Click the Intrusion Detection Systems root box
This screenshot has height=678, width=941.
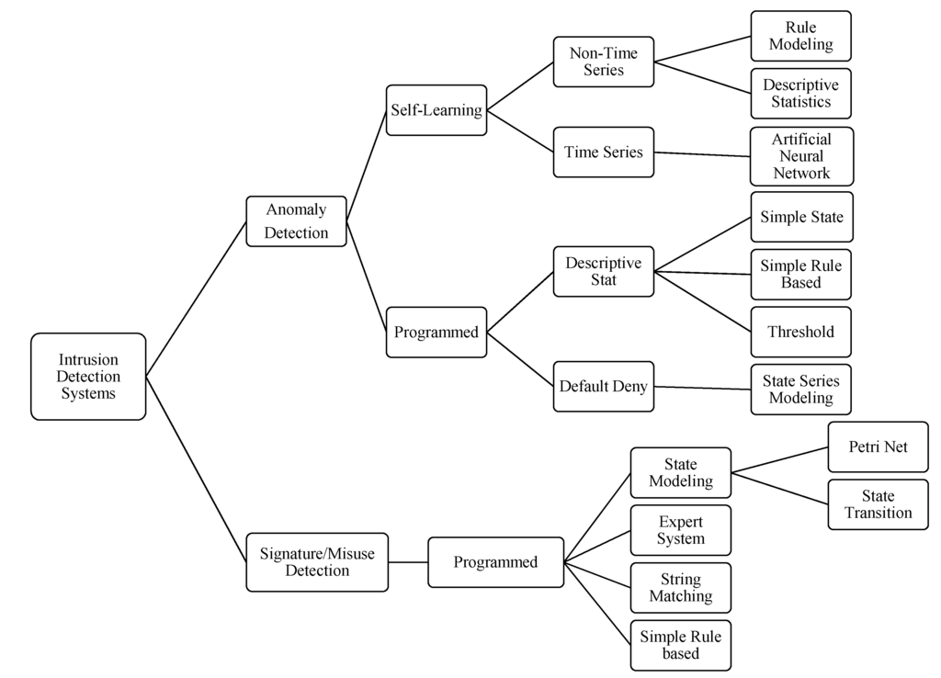pyautogui.click(x=88, y=377)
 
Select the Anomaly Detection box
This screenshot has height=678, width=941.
pyautogui.click(x=296, y=221)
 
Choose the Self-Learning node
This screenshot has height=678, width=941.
pyautogui.click(x=436, y=110)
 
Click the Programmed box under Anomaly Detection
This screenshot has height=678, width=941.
pyautogui.click(x=436, y=333)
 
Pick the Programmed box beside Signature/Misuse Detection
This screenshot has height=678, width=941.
pyautogui.click(x=495, y=562)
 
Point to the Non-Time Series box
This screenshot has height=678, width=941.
pyautogui.click(x=603, y=62)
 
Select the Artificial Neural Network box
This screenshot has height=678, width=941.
pyautogui.click(x=801, y=156)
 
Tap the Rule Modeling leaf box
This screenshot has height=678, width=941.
pyautogui.click(x=801, y=36)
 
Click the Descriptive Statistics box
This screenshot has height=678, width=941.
pyautogui.click(x=801, y=94)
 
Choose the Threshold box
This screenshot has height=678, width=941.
pyautogui.click(x=801, y=332)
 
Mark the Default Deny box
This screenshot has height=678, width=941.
pyautogui.click(x=603, y=387)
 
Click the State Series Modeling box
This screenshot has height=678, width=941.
pyautogui.click(x=801, y=390)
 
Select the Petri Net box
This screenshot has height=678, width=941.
pyautogui.click(x=878, y=447)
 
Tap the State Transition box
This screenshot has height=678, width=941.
pyautogui.click(x=878, y=504)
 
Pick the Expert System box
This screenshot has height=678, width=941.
pyautogui.click(x=680, y=530)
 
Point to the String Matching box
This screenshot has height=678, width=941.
pyautogui.click(x=680, y=588)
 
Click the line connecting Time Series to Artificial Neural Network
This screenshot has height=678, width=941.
pyautogui.click(x=702, y=153)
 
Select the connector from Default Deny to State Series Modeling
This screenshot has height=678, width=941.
pyautogui.click(x=702, y=388)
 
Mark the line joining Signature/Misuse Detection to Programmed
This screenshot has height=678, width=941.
pyautogui.click(x=408, y=561)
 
